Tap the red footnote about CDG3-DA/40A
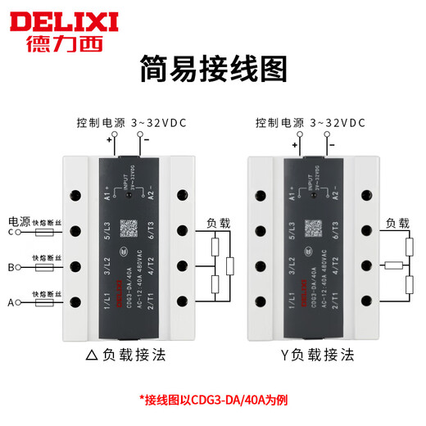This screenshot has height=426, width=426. click(212, 401)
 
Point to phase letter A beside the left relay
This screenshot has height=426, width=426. click(11, 303)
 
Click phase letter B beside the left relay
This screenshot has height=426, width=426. click(11, 267)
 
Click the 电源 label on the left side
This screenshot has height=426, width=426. click(19, 221)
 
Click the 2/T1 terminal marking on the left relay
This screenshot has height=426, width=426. click(152, 303)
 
